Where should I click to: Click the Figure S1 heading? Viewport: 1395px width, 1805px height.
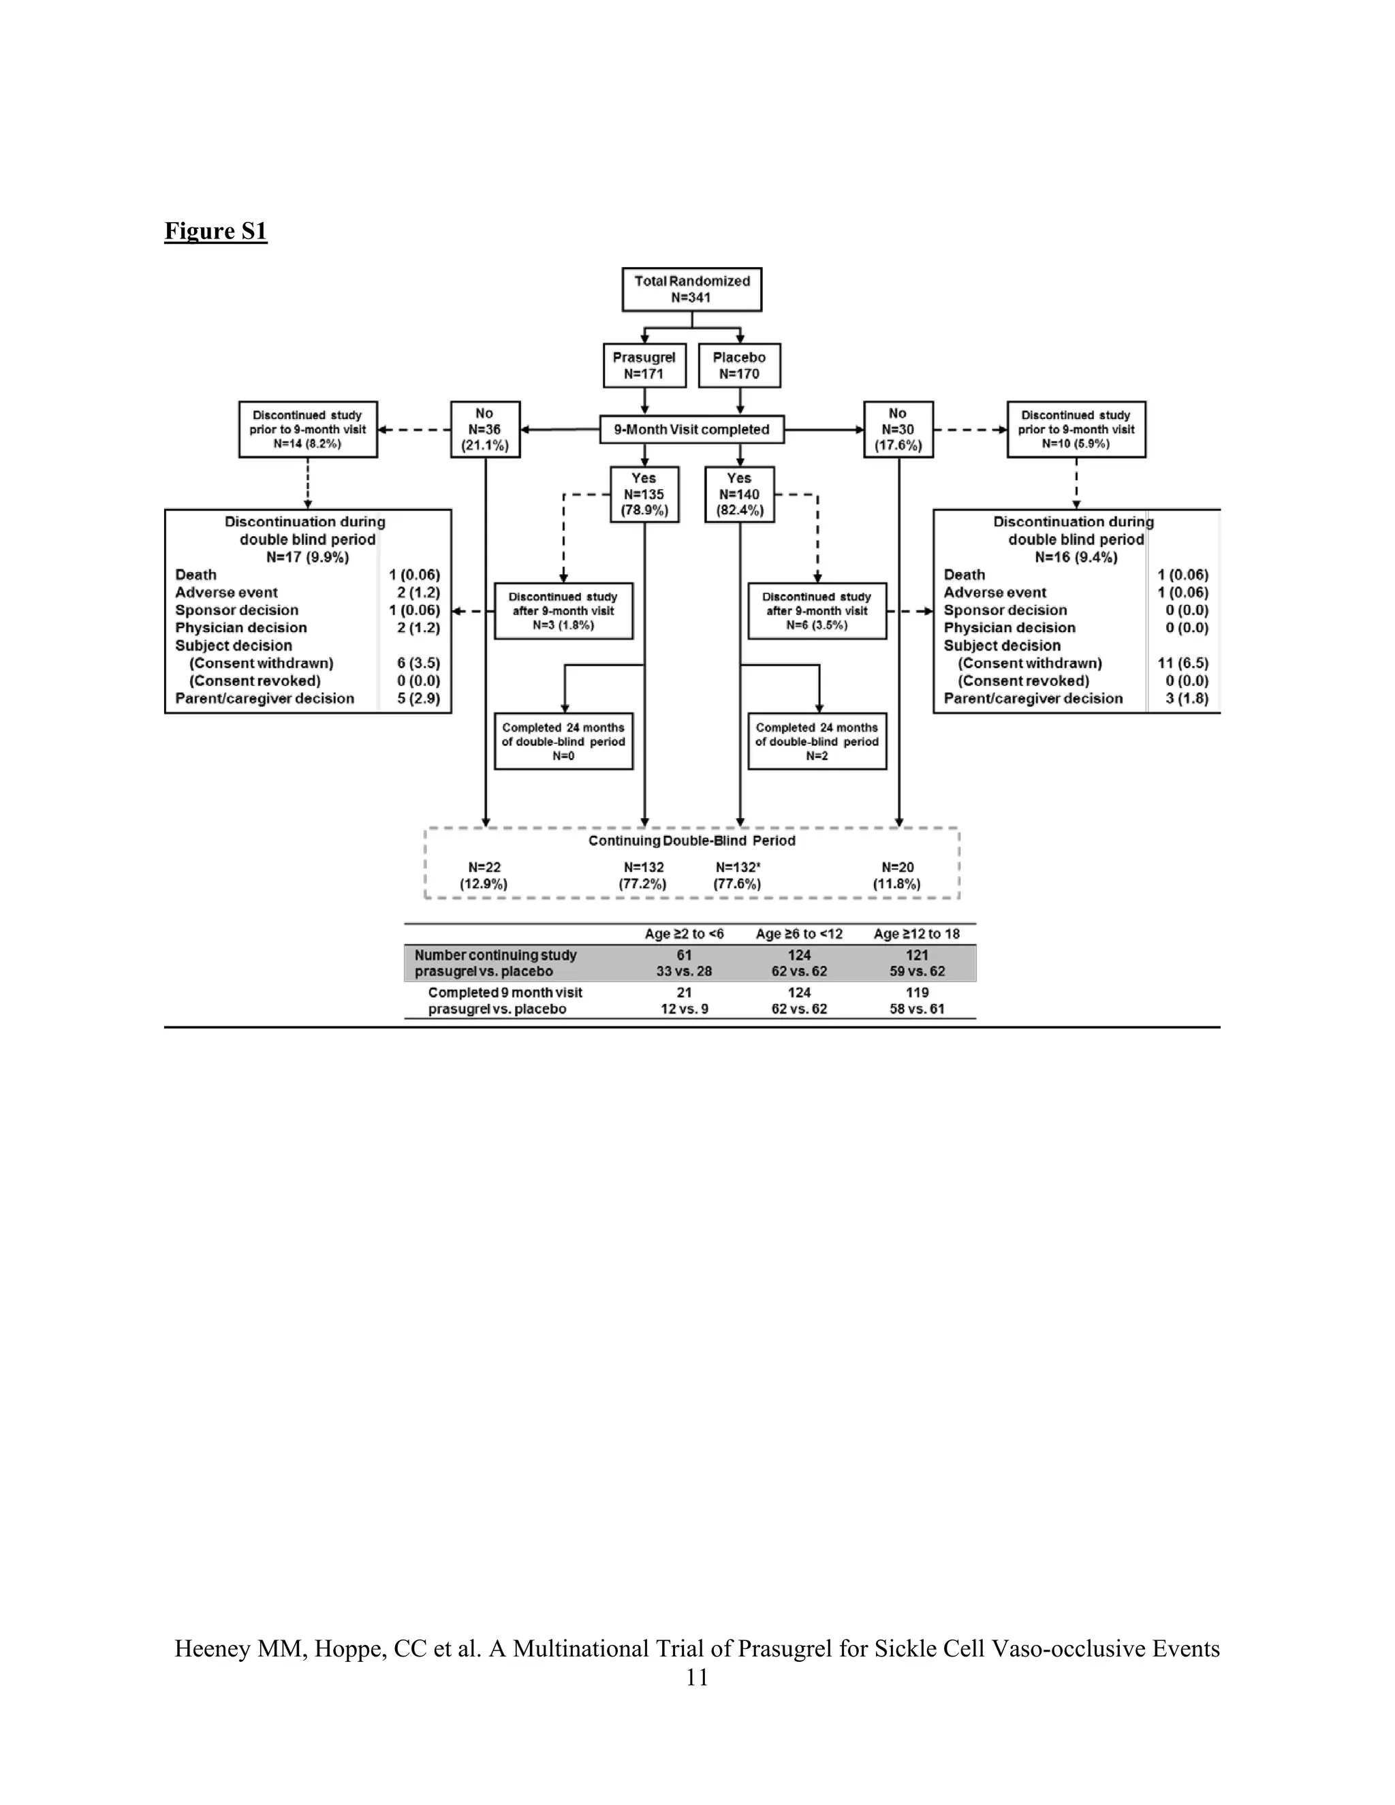click(216, 231)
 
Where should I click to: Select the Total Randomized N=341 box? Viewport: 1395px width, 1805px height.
click(692, 289)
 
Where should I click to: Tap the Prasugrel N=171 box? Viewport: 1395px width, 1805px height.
click(644, 365)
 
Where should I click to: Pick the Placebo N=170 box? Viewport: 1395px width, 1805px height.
click(739, 365)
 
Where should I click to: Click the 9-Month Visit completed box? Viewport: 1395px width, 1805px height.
click(692, 430)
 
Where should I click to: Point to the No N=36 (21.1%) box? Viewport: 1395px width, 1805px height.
click(484, 430)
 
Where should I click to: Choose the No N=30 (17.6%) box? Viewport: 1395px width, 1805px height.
click(898, 430)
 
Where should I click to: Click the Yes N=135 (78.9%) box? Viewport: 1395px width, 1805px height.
click(644, 495)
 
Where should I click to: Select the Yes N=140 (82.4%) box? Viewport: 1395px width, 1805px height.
click(739, 495)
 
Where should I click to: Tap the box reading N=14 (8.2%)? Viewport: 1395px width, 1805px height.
click(307, 430)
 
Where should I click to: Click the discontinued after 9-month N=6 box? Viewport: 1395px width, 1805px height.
click(817, 611)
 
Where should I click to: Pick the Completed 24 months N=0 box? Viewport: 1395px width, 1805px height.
click(563, 741)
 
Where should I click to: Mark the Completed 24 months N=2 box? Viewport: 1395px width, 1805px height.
click(817, 741)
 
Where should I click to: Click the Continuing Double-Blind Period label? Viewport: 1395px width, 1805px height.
click(692, 841)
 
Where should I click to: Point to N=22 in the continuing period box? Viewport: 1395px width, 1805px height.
click(484, 868)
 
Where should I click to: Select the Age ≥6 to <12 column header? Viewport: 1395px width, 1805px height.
click(799, 934)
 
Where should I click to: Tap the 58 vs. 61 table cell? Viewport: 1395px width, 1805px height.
click(917, 1009)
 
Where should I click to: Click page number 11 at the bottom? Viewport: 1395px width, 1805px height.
click(697, 1677)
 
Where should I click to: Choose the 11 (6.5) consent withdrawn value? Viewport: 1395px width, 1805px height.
click(1182, 663)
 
